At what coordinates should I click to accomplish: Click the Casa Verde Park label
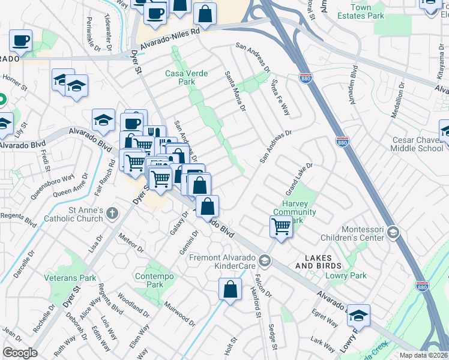point(187,77)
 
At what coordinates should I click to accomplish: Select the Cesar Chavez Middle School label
point(417,144)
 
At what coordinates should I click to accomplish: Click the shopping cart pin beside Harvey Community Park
point(280,227)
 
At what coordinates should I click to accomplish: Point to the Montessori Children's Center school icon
point(393,232)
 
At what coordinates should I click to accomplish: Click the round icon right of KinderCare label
point(265,260)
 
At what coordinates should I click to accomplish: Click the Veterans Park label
point(70,278)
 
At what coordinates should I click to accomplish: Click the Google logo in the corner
point(20,352)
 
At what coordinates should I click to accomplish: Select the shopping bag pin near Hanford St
point(230,289)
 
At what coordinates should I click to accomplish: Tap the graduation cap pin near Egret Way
point(358,315)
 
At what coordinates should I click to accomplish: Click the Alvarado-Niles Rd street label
point(169,41)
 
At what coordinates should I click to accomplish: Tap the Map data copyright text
point(423,355)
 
